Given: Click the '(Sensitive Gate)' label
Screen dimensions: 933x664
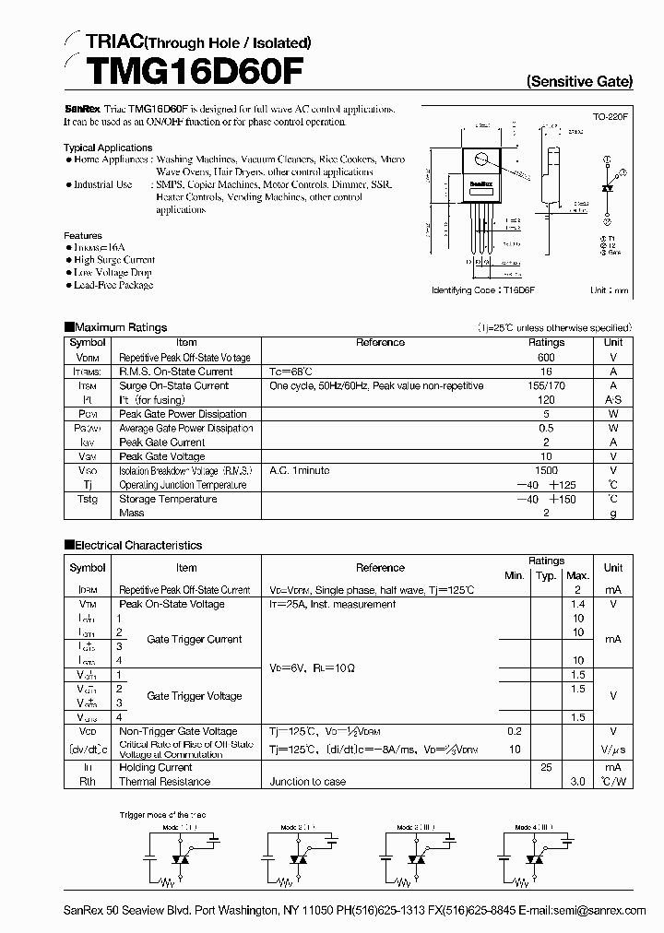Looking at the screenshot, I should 579,81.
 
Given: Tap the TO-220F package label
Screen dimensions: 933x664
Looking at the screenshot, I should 610,117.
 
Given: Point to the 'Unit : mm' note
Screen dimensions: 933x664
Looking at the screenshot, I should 610,289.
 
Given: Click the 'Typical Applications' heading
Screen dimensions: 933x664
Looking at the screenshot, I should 108,148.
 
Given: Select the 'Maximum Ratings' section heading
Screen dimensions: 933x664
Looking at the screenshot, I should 120,327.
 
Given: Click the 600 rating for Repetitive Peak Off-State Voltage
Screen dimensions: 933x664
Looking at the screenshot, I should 546,357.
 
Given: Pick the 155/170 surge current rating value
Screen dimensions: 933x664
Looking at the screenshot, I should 546,386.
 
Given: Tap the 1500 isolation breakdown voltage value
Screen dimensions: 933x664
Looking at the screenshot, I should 546,470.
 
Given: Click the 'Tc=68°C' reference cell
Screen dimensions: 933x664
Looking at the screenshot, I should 290,372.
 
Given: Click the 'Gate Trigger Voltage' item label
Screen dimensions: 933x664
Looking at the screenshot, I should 194,696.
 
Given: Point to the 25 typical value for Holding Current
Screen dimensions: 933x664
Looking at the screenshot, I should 546,767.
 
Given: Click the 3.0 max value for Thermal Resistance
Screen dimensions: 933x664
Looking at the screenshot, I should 577,781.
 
